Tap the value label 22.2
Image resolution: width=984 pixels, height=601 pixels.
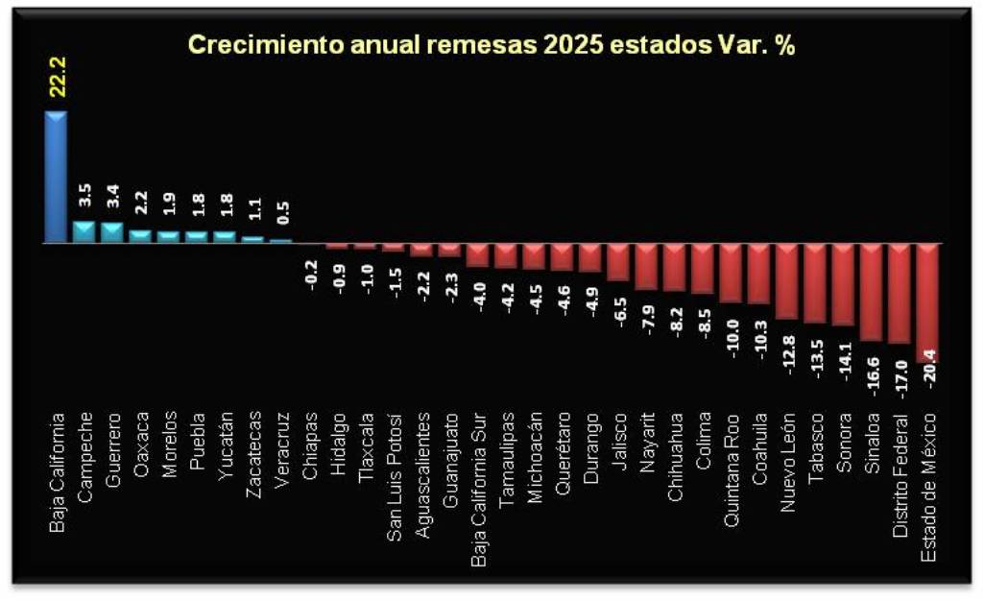point(56,78)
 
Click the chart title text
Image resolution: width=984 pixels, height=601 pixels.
point(491,45)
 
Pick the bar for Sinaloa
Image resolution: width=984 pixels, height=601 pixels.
point(872,292)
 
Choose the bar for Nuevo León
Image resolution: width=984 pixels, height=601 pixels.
point(787,280)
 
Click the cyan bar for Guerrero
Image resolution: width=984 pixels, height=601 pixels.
point(112,233)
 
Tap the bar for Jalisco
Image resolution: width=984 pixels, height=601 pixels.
point(618,261)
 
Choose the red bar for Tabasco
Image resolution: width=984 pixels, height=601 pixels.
point(815,283)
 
